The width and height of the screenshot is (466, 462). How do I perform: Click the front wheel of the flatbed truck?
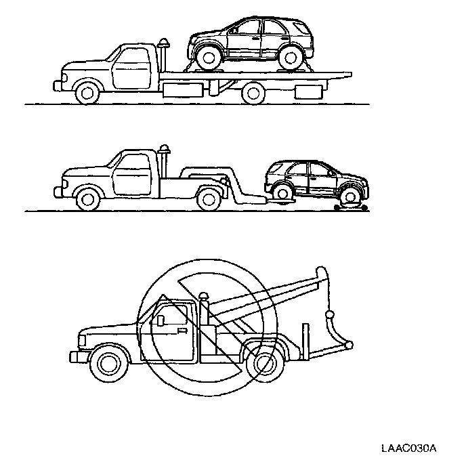pos(86,91)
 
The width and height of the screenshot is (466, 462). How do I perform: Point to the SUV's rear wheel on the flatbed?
pos(289,57)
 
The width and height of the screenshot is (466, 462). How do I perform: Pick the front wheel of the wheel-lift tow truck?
pos(87,198)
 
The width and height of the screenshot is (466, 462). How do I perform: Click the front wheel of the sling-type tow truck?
pos(108,362)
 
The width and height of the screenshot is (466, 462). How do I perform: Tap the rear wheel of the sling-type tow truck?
pos(263,362)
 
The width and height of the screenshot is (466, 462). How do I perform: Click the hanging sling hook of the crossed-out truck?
pos(331,316)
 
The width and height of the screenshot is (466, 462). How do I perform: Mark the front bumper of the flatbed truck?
pos(57,85)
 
